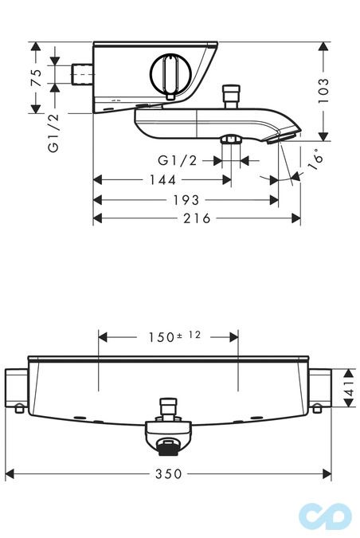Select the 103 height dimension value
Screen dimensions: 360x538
click(x=323, y=91)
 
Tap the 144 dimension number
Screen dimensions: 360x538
click(x=162, y=180)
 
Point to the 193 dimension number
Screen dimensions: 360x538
click(x=186, y=200)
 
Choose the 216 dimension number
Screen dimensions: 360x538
click(x=197, y=218)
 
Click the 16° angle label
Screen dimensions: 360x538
click(x=316, y=159)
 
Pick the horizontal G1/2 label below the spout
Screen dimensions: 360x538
click(x=178, y=160)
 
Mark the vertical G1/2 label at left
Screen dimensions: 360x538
click(x=53, y=132)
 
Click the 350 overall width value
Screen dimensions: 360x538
click(x=169, y=474)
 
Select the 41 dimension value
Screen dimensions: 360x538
click(x=349, y=388)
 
